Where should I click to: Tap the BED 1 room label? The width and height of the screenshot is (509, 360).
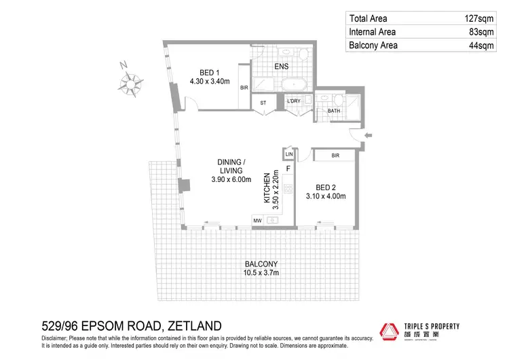pos(210,72)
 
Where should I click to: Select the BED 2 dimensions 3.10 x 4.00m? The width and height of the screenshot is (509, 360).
pos(326,196)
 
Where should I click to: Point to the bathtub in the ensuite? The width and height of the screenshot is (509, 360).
pos(295,85)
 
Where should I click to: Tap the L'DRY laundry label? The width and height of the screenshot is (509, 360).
pos(293,102)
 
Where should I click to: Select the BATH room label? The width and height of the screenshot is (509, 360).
pos(333,110)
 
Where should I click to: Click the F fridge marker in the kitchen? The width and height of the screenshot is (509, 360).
pos(288,168)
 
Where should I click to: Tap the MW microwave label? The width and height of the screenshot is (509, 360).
pos(257,221)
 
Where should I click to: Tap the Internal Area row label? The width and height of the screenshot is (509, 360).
pos(373,33)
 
